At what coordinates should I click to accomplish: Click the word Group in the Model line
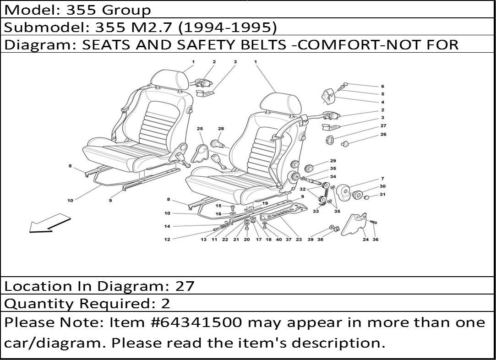click(x=126, y=10)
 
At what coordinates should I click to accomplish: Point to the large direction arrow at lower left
click(x=49, y=224)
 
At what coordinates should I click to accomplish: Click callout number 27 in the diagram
click(x=383, y=125)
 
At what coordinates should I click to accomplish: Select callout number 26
click(x=383, y=134)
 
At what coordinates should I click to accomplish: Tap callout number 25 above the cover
click(x=200, y=128)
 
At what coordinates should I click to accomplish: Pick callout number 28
click(x=221, y=128)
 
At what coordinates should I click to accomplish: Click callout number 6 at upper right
click(x=382, y=86)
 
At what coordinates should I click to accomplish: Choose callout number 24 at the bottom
click(x=365, y=240)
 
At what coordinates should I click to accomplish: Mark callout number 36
click(x=376, y=240)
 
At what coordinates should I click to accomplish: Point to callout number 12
click(x=167, y=240)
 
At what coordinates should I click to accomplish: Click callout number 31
click(x=382, y=194)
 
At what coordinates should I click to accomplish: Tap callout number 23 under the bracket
click(x=299, y=240)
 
